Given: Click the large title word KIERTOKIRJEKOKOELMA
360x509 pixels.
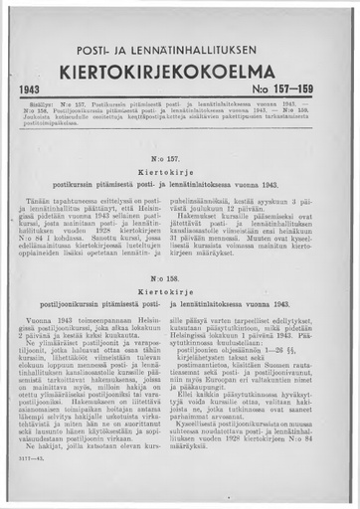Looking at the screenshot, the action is (x=180, y=74).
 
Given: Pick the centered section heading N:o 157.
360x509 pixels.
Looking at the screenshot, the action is (x=180, y=158).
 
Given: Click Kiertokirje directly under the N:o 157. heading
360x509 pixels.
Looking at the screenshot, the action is (x=180, y=172).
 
